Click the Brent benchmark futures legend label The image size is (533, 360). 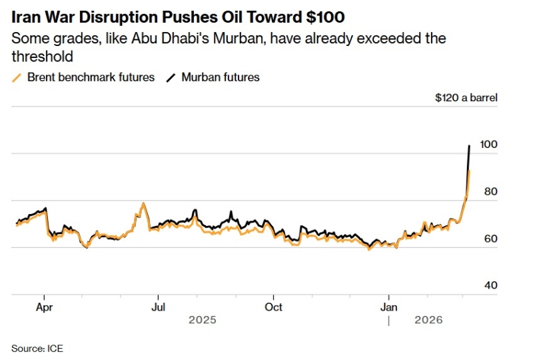point(91,77)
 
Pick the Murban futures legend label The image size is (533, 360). point(220,77)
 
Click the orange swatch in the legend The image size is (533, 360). point(17,77)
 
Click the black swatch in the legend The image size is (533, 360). point(171,77)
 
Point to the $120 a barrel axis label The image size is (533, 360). point(466,98)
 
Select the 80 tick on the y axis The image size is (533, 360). point(490,191)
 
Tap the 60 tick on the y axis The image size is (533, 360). point(490,239)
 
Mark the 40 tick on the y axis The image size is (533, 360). point(490,285)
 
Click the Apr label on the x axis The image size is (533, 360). point(44,307)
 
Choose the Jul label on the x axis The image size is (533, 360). point(158,307)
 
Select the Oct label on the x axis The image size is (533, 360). point(273,307)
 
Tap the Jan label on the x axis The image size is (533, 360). point(389,307)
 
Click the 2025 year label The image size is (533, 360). point(203,320)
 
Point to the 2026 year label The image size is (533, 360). point(429,320)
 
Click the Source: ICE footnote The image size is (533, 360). point(37,348)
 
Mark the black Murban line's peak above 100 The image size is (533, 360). point(469,145)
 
